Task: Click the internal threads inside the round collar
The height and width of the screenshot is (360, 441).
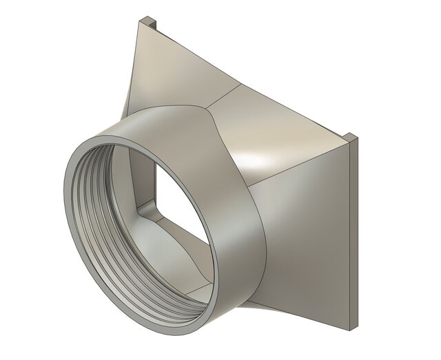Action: tap(90, 207)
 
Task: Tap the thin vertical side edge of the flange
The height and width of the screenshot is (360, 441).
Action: tap(353, 234)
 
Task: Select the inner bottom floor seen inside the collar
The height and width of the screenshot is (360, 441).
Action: tap(172, 289)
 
